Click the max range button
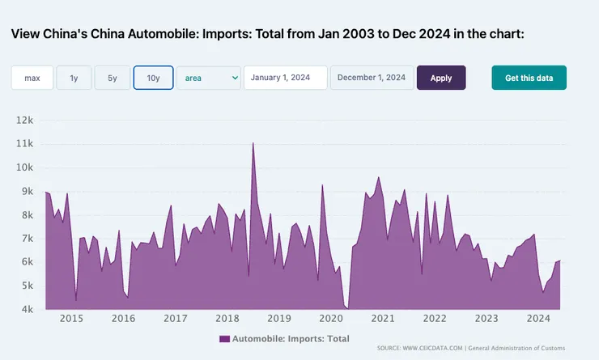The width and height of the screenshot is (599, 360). point(32,78)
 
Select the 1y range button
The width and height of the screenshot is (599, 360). point(74,78)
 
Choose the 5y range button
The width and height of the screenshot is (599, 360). point(112,78)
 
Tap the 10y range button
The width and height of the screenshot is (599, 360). point(153,78)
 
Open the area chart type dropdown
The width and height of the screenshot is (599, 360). point(209,78)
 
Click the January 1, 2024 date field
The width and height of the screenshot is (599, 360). point(285,78)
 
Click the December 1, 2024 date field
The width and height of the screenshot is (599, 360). point(372,78)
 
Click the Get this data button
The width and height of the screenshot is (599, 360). point(529,78)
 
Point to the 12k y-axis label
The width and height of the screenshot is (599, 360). point(25,121)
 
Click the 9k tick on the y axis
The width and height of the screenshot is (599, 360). point(27,191)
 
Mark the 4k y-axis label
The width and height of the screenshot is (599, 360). point(27,309)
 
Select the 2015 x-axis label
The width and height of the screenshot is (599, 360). point(71,319)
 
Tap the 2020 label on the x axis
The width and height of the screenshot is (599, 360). point(330,319)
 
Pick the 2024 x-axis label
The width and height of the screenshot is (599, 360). point(537,319)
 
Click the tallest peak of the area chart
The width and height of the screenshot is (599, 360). point(253,144)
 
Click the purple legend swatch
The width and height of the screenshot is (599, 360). point(224,338)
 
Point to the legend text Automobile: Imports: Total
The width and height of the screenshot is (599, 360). point(291,338)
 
